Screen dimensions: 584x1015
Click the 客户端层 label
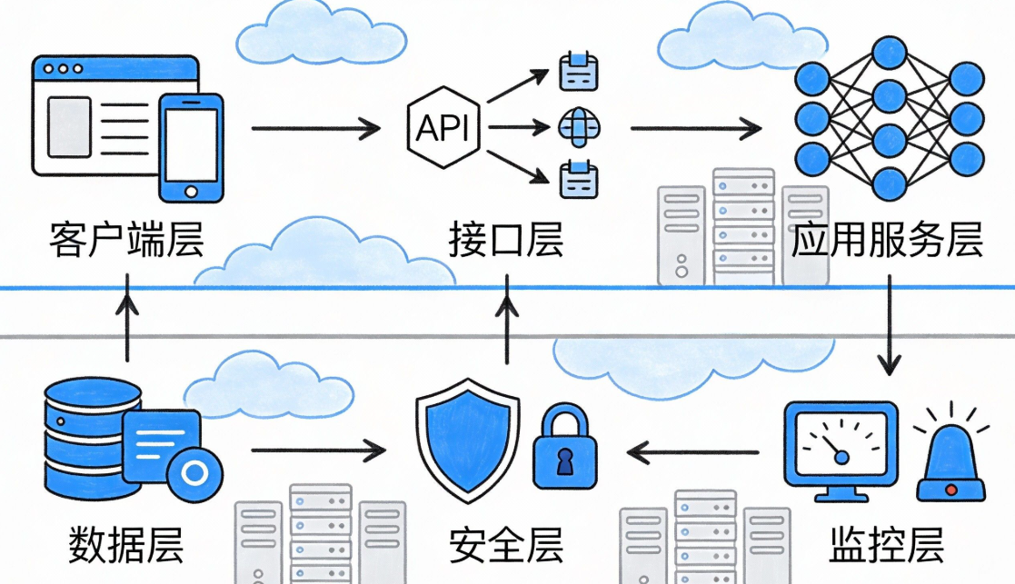[126, 243]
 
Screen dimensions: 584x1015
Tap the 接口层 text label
[506, 243]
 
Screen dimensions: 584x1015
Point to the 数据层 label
[126, 545]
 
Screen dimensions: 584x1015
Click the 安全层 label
[506, 545]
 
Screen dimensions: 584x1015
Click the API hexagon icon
[443, 127]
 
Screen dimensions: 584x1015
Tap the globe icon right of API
[577, 126]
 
